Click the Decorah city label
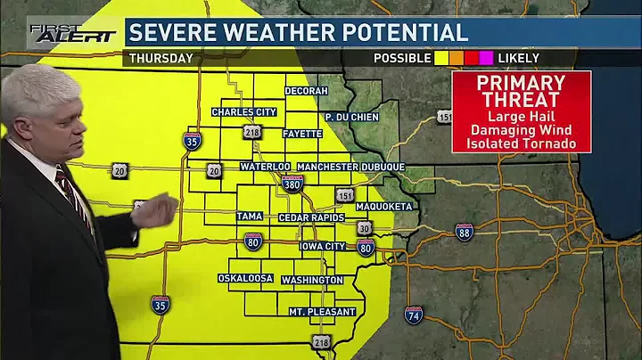(x=307, y=91)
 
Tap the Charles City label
(x=243, y=112)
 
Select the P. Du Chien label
(x=351, y=117)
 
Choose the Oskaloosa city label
(x=245, y=278)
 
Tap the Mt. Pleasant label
(x=322, y=312)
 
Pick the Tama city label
(x=249, y=217)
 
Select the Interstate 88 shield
(x=464, y=233)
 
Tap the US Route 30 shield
(x=365, y=228)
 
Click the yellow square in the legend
(x=440, y=59)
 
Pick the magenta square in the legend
(x=487, y=59)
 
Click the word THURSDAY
(x=161, y=59)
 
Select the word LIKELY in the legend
(x=519, y=59)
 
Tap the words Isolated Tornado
(x=522, y=143)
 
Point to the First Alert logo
(x=73, y=33)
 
